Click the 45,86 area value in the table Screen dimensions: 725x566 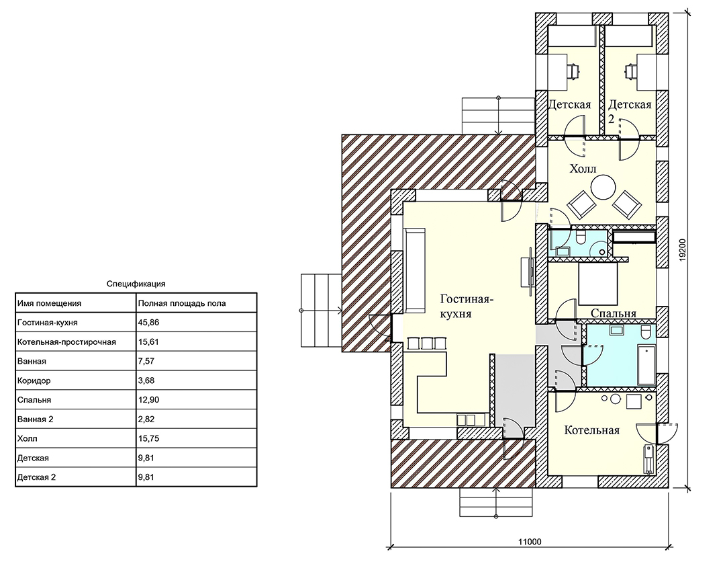[x=148, y=323]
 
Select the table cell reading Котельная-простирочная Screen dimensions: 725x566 [x=66, y=342]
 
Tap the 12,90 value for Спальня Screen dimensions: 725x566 [x=148, y=400]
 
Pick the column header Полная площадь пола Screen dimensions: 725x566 [x=182, y=303]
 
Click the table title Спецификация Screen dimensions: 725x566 [x=136, y=284]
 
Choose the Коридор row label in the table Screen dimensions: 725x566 [x=34, y=380]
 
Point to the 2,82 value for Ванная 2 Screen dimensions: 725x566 [x=146, y=419]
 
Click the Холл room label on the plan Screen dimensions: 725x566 [x=583, y=168]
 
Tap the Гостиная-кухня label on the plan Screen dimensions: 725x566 [x=466, y=306]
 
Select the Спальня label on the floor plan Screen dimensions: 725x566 [x=614, y=313]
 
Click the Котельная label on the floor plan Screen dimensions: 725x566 [x=592, y=430]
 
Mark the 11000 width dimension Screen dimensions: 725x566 [x=530, y=541]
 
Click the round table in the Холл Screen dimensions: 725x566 [x=604, y=187]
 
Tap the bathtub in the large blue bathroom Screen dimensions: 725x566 [x=646, y=364]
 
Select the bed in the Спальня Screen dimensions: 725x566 [x=598, y=284]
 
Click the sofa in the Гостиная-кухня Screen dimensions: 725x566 [x=414, y=270]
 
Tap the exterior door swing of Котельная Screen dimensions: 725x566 [x=657, y=434]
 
